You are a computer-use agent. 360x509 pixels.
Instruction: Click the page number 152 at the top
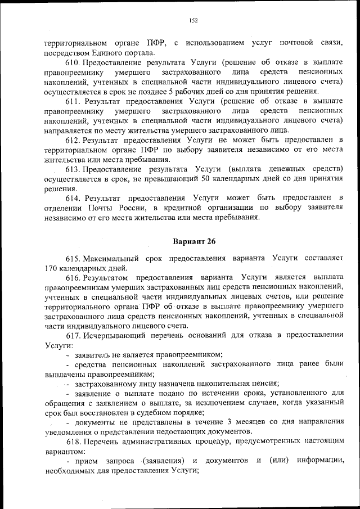tap(193, 21)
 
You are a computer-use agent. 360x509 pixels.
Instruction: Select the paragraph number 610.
tap(74, 62)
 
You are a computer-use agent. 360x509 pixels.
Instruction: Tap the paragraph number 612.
tap(74, 139)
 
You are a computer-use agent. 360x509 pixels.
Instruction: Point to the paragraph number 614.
tap(75, 198)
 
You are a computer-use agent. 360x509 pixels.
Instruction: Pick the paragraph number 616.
tap(74, 277)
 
